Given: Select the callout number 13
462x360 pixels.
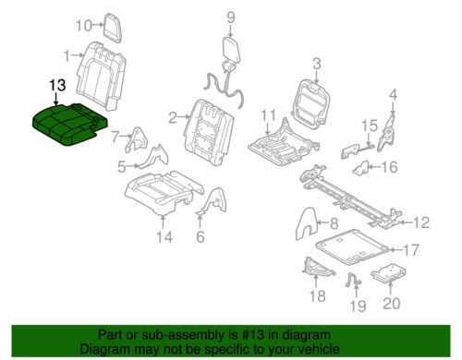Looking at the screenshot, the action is pos(57,85).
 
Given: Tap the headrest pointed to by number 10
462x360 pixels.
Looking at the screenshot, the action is pos(113,28).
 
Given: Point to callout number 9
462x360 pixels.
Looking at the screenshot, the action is pos(231,18).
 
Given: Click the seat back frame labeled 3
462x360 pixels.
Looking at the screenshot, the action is pos(310,104).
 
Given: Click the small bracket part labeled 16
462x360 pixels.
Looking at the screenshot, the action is pos(360,168).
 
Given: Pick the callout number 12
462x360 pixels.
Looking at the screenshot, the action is pos(421,222).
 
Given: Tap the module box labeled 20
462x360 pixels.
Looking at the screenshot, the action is pos(388,273).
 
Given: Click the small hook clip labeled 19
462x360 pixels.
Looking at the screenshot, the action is pos(353,280).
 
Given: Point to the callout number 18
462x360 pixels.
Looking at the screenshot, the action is pos(317,296).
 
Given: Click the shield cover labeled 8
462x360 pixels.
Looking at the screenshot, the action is pos(306,223).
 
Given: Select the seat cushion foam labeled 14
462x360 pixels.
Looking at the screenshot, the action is pos(164,192).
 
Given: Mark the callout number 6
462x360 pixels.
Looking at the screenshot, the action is pos(201,236).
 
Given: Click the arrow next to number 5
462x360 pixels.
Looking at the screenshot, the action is pos(133,166).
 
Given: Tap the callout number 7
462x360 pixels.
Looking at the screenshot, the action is pos(115,137).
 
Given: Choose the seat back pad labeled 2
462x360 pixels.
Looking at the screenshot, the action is pos(209,132).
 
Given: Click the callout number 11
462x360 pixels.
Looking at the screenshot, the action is pos(268,116).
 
